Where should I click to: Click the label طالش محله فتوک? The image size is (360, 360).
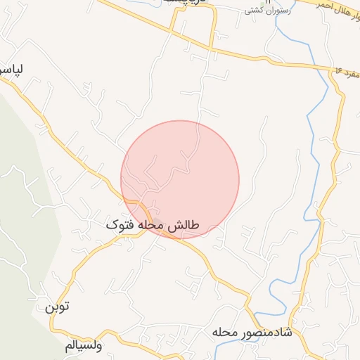tap(153, 225)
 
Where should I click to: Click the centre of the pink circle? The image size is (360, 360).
tap(180, 179)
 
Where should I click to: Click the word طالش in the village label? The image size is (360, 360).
tap(186, 225)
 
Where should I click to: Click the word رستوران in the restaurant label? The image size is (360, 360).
tap(273, 11)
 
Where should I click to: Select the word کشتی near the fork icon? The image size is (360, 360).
tap(253, 11)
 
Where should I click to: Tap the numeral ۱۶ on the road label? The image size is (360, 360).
tap(338, 71)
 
